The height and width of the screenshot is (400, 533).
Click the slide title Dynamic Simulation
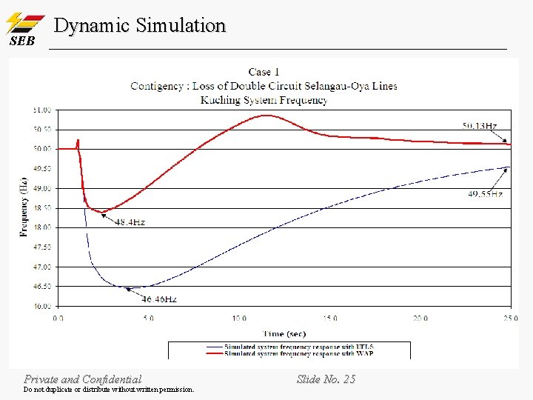[140, 25]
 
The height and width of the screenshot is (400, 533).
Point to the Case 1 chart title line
[264, 72]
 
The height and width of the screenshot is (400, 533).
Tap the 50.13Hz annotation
[480, 126]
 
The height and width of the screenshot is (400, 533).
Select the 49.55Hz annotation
[485, 194]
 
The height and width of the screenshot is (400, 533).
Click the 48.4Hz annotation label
[130, 222]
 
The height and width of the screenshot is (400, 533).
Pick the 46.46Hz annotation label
[159, 299]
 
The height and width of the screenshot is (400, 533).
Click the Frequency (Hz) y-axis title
[24, 207]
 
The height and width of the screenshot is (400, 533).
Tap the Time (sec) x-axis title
[284, 334]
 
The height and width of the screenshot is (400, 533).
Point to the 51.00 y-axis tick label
[42, 110]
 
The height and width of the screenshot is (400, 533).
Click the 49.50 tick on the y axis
[42, 168]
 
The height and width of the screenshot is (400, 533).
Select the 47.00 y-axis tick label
[42, 267]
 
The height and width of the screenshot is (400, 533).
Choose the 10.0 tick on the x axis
[238, 319]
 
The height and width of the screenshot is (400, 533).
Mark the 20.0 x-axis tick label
[420, 319]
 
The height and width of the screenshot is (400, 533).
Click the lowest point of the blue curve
[133, 287]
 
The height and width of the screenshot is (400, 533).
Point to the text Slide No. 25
[326, 379]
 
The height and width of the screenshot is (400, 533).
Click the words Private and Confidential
[82, 379]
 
